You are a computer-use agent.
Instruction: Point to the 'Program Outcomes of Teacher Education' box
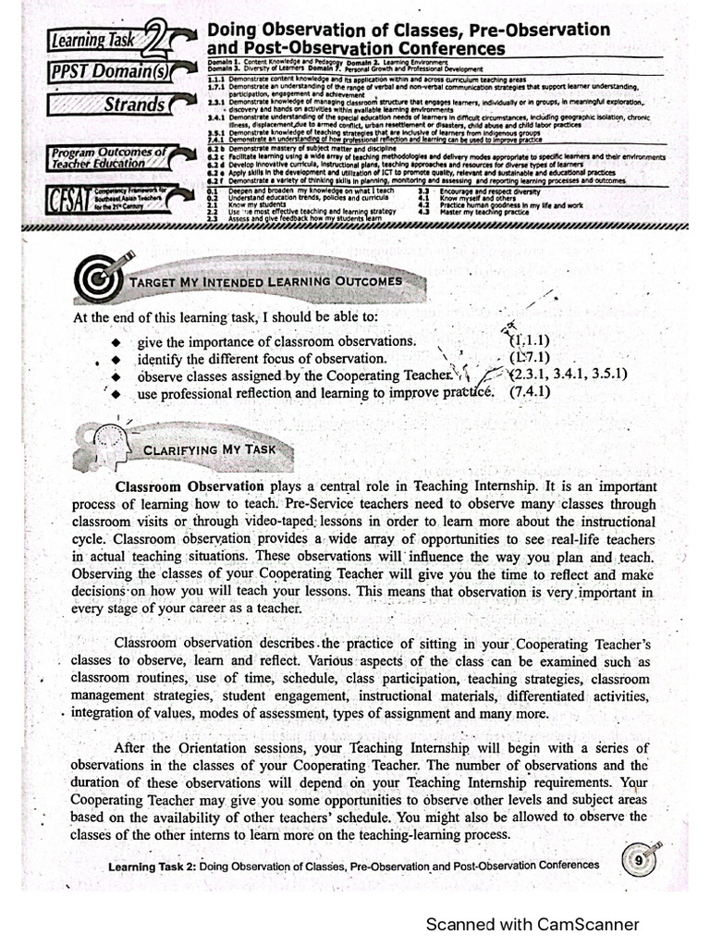[x=109, y=157]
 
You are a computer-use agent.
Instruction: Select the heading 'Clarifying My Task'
[x=208, y=449]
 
